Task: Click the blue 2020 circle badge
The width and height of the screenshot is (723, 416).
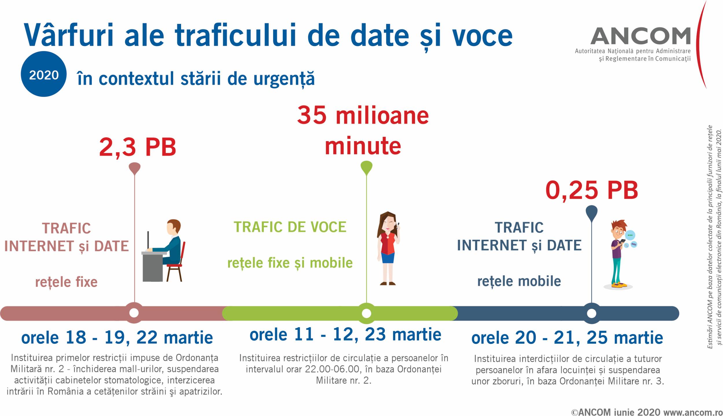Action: pos(44,74)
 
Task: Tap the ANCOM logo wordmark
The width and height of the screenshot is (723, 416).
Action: pos(640,36)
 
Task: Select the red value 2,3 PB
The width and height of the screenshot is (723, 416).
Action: pos(138,148)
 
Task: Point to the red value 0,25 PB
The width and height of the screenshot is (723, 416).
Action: pos(592,191)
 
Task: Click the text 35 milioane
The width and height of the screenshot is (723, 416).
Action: pos(363,115)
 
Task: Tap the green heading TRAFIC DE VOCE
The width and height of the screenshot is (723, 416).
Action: pos(290,227)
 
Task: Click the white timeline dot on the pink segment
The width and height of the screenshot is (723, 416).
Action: pos(134,313)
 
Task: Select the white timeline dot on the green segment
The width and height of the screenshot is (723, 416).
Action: pos(366,313)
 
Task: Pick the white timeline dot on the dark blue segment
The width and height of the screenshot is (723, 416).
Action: pos(591,313)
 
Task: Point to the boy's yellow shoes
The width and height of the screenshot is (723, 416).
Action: pos(619,285)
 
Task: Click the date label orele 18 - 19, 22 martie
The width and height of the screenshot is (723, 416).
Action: pos(117,338)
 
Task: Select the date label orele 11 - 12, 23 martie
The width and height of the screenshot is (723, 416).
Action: pos(345,334)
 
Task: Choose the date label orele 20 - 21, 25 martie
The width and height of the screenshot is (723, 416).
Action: pos(567,338)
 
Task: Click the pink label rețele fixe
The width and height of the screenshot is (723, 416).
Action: pos(66,282)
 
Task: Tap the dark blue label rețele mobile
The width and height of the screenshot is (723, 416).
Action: pos(519,281)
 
